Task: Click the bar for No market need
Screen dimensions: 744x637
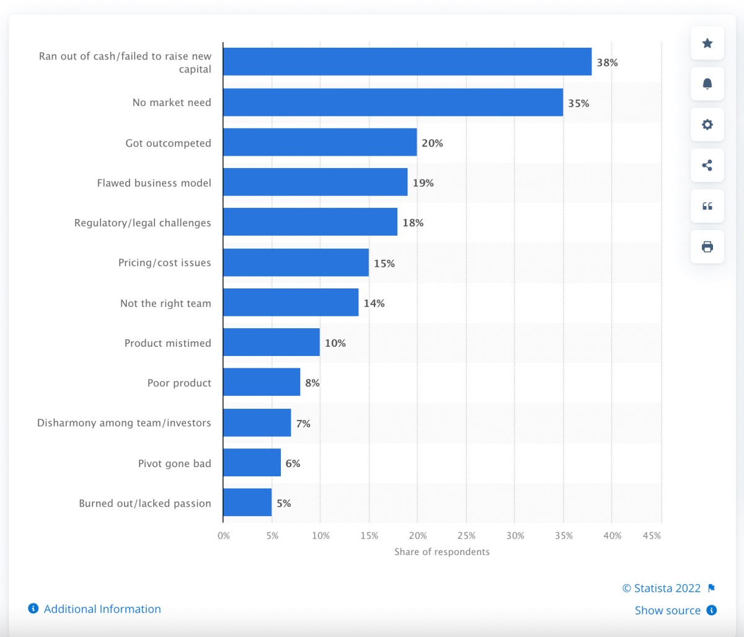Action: (393, 102)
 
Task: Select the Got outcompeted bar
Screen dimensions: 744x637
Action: (320, 142)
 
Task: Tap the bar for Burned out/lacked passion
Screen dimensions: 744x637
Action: (247, 502)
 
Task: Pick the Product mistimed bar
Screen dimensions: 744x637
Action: (272, 342)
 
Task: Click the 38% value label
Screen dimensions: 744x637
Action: (607, 63)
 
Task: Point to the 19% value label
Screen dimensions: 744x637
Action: (423, 183)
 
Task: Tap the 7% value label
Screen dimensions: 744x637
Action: (303, 424)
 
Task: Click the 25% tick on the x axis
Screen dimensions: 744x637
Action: (466, 536)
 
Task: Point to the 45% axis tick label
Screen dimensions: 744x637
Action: (652, 536)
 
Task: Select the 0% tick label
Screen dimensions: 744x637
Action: (224, 536)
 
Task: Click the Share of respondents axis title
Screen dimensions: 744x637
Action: (442, 551)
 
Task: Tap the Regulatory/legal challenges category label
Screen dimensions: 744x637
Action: (143, 223)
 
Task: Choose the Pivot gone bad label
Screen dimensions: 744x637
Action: (175, 463)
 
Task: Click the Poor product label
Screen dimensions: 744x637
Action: (179, 383)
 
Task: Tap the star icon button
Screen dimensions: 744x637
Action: (707, 43)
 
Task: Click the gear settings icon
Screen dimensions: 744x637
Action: (707, 125)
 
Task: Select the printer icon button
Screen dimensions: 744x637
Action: (707, 247)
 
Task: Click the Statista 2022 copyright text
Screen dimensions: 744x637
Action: (662, 588)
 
